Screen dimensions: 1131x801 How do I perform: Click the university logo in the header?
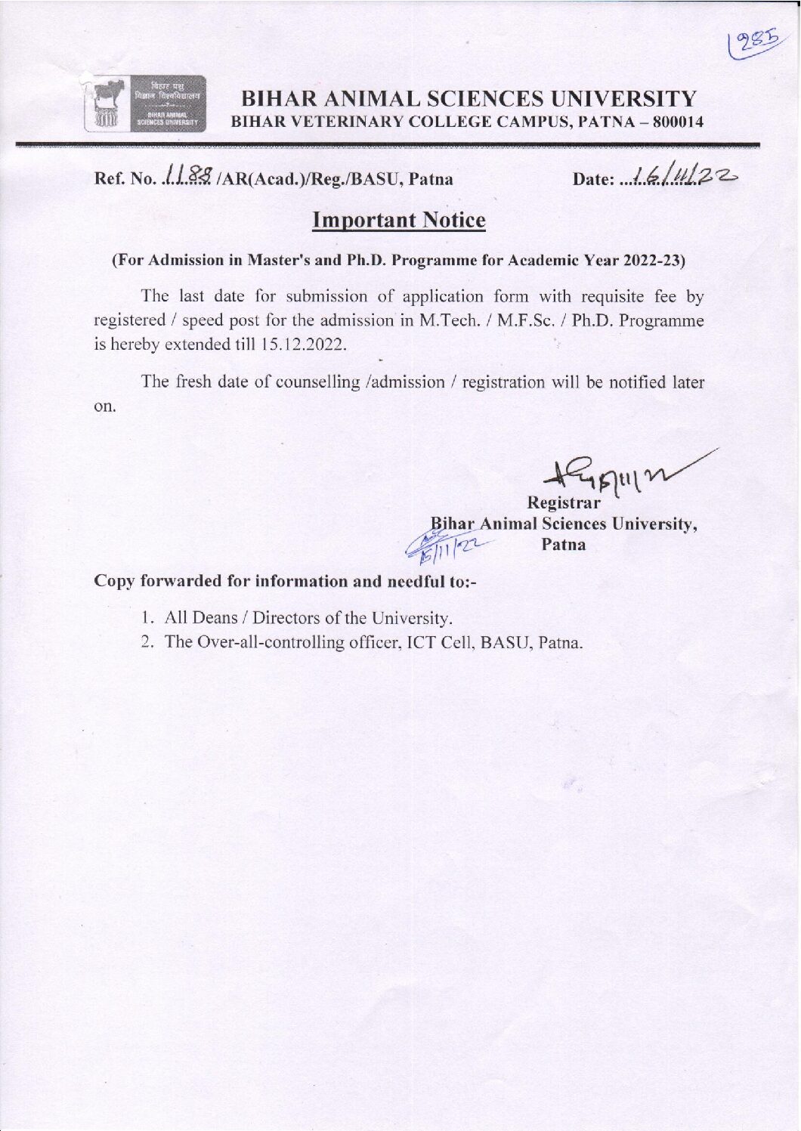(x=144, y=104)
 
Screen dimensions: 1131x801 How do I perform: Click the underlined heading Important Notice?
(x=398, y=221)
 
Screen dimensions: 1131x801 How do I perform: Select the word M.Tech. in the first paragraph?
(x=444, y=321)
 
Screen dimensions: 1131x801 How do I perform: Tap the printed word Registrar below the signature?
(x=564, y=502)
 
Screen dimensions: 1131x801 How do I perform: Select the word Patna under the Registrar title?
(x=564, y=544)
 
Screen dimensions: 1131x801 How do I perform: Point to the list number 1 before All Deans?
(x=146, y=618)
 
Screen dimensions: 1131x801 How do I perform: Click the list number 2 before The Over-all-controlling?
(x=147, y=643)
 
